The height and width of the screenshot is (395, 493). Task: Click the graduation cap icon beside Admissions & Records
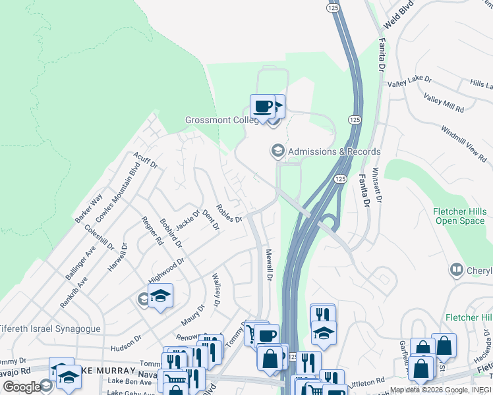tap(277, 151)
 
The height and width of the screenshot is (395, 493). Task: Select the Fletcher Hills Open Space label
tap(459, 216)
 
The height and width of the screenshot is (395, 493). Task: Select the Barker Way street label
tap(88, 207)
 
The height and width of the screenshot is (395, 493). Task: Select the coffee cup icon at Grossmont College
tap(262, 106)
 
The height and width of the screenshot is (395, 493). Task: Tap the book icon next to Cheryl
tap(455, 270)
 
